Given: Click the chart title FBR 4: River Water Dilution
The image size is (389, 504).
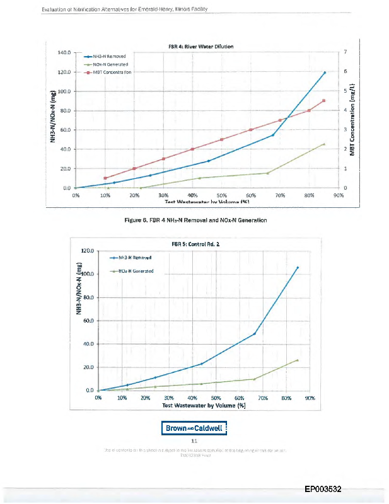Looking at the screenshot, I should [201, 47].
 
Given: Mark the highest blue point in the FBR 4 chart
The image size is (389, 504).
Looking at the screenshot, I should [324, 72].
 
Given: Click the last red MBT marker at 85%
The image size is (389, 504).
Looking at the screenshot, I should [323, 101].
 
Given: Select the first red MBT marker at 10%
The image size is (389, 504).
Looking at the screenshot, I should [105, 178].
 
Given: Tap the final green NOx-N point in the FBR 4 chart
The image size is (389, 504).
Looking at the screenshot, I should [323, 144].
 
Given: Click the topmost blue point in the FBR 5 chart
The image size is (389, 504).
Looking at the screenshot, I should [297, 267].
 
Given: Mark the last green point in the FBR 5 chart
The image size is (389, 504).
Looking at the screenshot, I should [297, 360].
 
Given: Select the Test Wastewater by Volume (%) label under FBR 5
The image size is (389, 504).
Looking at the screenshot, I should [203, 406].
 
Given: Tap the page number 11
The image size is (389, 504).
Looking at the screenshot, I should [195, 442].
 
